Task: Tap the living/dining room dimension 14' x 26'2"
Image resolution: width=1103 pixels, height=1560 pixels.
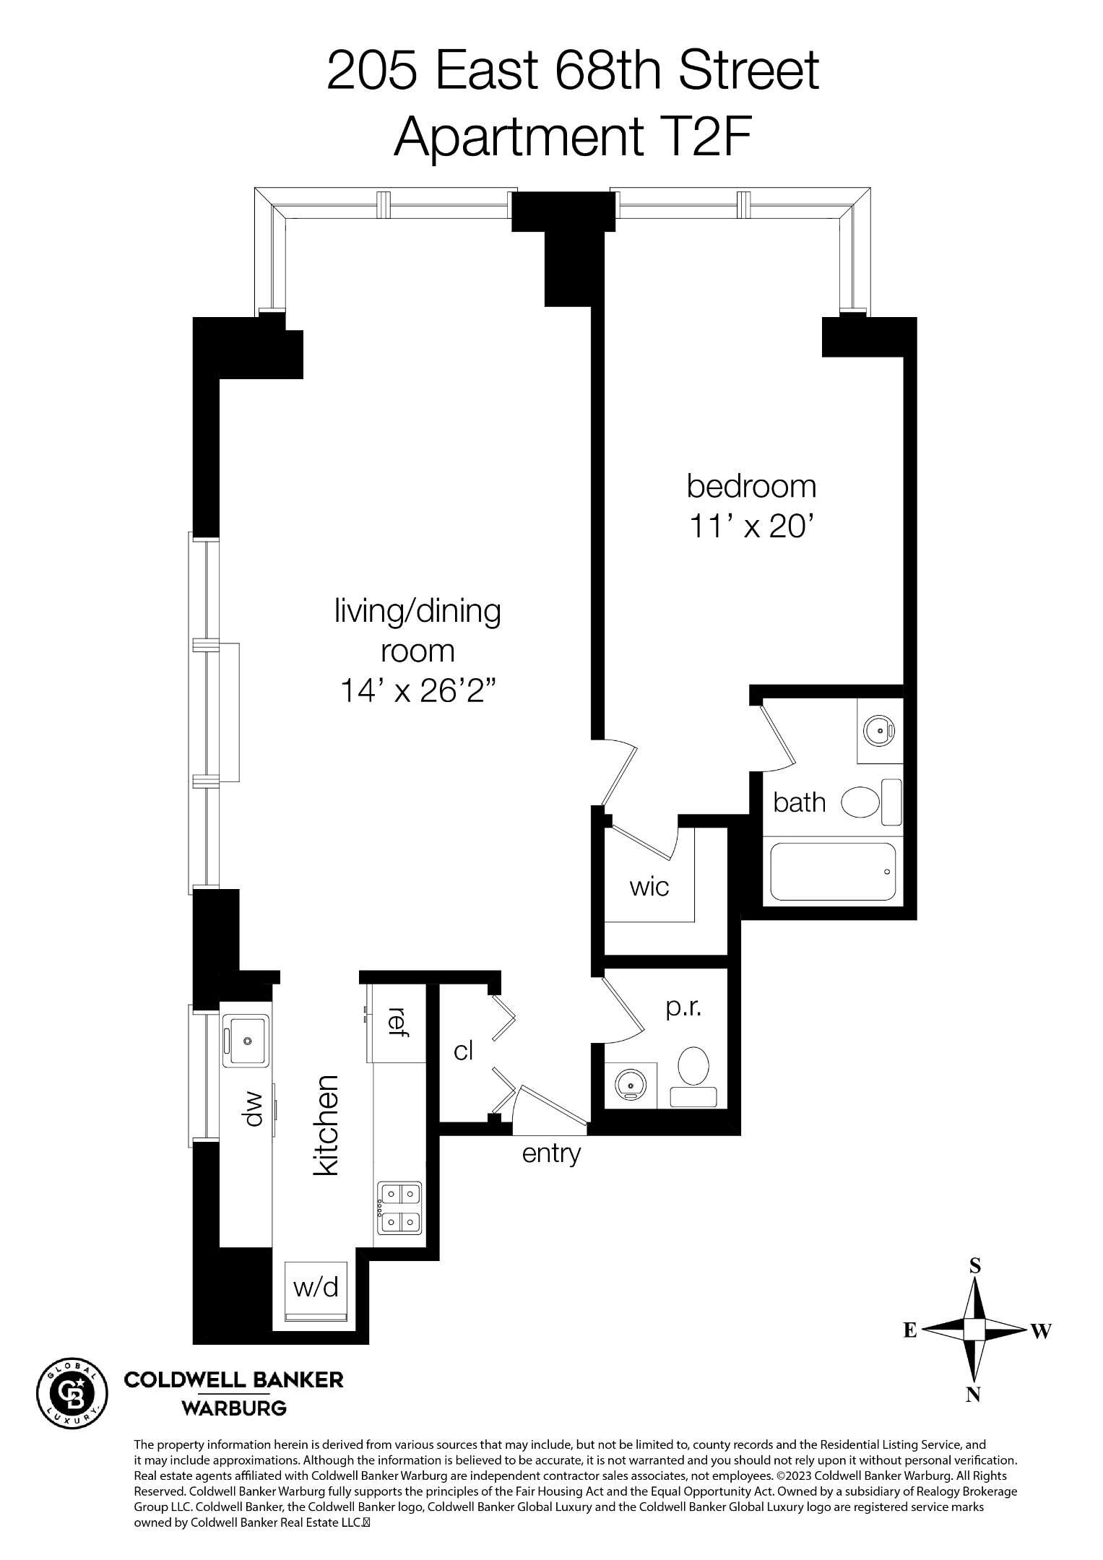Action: click(x=417, y=691)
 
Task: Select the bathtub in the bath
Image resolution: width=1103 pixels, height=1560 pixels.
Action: click(x=833, y=871)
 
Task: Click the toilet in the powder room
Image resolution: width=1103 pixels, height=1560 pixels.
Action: click(x=693, y=1066)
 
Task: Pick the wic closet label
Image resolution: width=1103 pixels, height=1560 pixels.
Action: click(x=649, y=886)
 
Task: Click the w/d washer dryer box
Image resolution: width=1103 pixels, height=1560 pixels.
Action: click(x=316, y=1287)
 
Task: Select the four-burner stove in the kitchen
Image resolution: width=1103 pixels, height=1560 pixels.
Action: click(x=399, y=1208)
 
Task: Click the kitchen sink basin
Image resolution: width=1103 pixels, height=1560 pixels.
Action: click(x=246, y=1041)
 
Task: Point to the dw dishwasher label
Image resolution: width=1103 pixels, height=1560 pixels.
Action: click(x=253, y=1109)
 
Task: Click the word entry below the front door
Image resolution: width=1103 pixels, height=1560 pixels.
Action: click(x=551, y=1153)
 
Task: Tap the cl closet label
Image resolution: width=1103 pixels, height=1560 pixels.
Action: click(x=463, y=1051)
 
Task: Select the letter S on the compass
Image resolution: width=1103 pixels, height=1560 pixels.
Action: click(x=974, y=1265)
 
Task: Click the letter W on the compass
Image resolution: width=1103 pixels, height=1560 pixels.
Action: click(x=1041, y=1330)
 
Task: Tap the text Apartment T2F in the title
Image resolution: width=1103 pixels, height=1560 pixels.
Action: click(x=574, y=137)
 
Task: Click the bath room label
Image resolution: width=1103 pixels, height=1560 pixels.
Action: click(x=799, y=802)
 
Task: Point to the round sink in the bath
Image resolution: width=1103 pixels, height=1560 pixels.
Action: click(x=881, y=730)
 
